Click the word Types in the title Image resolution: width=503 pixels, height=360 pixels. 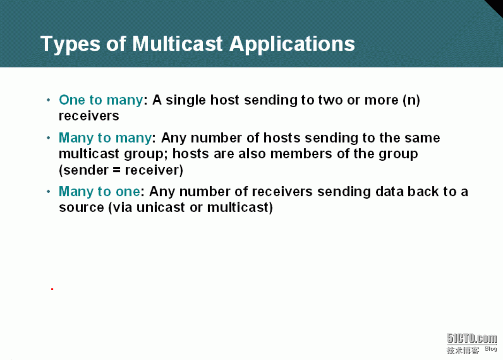pyautogui.click(x=70, y=44)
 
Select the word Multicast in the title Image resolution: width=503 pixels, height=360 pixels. pyautogui.click(x=177, y=44)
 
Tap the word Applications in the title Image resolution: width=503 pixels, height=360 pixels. pyautogui.click(x=292, y=44)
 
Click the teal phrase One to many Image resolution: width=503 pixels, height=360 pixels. pyautogui.click(x=101, y=100)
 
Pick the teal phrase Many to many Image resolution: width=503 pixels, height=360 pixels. pyautogui.click(x=105, y=138)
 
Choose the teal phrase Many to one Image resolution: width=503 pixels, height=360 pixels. pyautogui.click(x=100, y=192)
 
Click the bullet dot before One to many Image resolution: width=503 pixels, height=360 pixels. pyautogui.click(x=48, y=100)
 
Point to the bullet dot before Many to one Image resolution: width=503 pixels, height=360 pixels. pyautogui.click(x=48, y=192)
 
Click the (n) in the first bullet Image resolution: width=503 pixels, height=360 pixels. pyautogui.click(x=411, y=100)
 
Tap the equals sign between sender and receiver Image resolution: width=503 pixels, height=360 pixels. pyautogui.click(x=117, y=170)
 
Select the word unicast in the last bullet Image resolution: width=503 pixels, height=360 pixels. pyautogui.click(x=160, y=207)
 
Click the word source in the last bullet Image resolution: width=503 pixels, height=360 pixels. pyautogui.click(x=81, y=208)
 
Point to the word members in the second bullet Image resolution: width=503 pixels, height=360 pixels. pyautogui.click(x=301, y=154)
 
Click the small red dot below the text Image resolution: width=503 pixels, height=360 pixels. pyautogui.click(x=52, y=289)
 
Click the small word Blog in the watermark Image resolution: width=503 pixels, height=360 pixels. pyautogui.click(x=491, y=349)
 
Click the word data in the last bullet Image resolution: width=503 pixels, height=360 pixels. pyautogui.click(x=390, y=192)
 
